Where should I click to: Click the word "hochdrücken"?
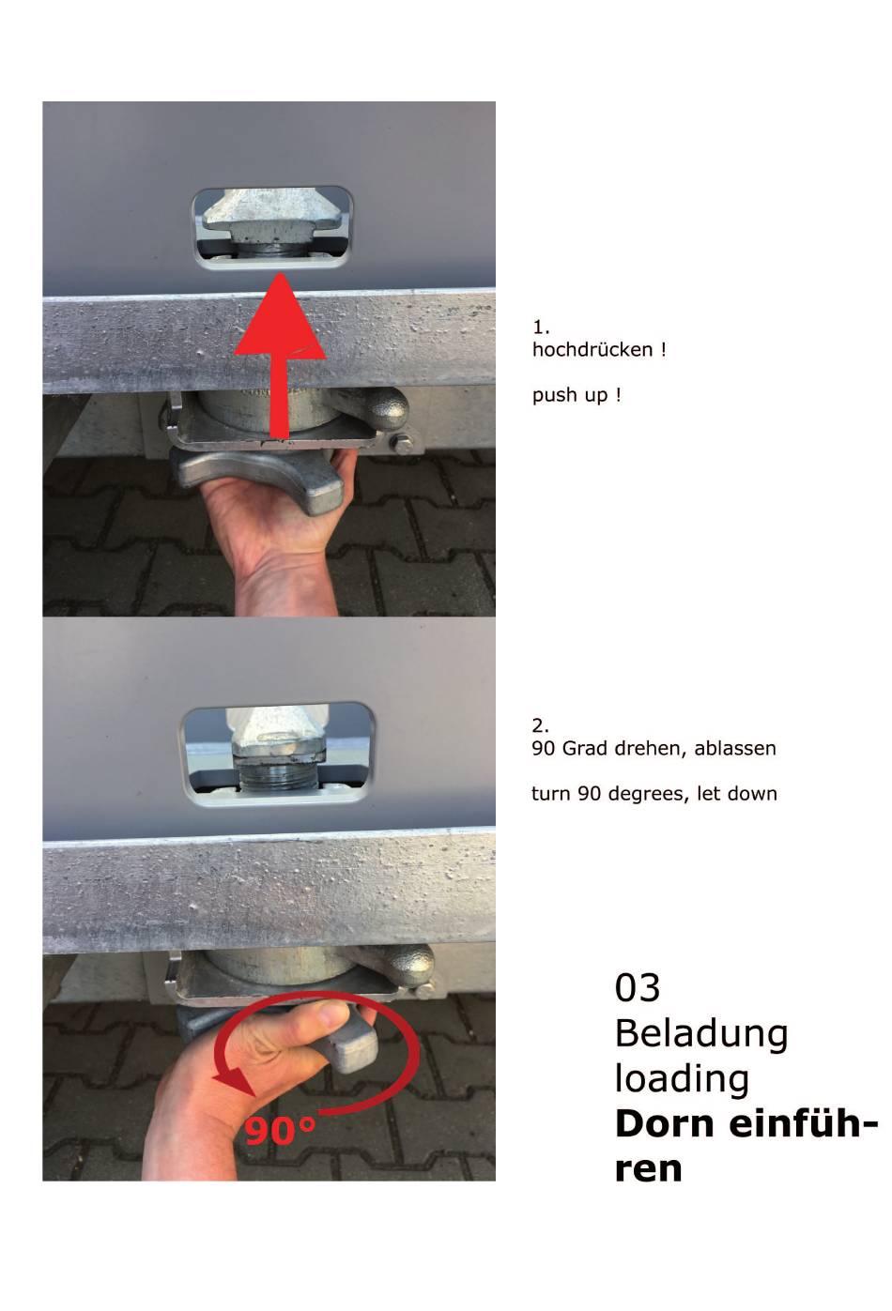[x=592, y=349]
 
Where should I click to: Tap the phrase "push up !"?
[x=577, y=395]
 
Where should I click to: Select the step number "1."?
[x=541, y=327]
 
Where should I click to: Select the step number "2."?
[x=540, y=725]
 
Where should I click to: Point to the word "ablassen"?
[x=735, y=748]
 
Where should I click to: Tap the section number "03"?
[x=638, y=987]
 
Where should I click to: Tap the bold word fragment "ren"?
[x=649, y=1170]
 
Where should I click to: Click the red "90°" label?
[x=280, y=1131]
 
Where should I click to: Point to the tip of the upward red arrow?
[x=280, y=274]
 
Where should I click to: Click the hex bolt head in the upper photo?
[x=403, y=443]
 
